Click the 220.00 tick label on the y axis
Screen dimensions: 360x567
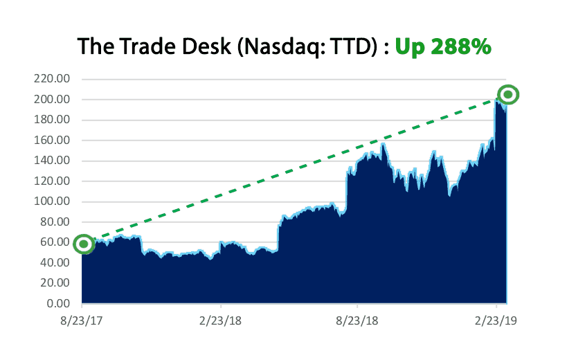[x=52, y=79]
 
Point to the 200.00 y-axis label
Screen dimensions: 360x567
[x=52, y=100]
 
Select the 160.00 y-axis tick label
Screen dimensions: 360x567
[x=52, y=141]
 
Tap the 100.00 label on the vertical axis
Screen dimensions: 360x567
[x=52, y=202]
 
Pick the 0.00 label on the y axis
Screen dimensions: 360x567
[x=58, y=304]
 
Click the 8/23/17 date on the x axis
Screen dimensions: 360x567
[x=82, y=322]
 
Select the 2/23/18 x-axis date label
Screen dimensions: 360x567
[x=220, y=322]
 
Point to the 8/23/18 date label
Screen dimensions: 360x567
[x=357, y=322]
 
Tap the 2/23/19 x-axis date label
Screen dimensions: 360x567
[x=496, y=322]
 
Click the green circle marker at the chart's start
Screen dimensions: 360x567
[x=83, y=244]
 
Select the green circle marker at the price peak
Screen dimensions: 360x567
[x=508, y=95]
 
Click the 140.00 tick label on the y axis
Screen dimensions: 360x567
[x=52, y=161]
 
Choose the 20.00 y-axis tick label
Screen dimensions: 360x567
[x=55, y=283]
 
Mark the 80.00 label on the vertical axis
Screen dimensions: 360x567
[x=55, y=222]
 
